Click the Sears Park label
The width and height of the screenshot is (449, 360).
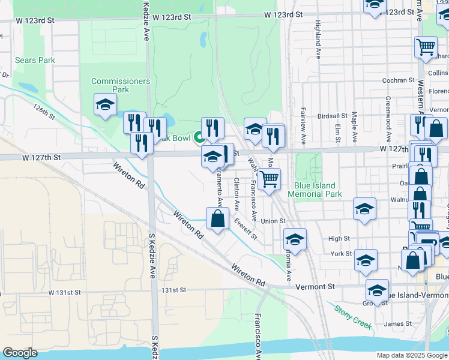(x=35, y=60)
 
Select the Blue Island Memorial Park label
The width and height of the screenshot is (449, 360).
(x=315, y=190)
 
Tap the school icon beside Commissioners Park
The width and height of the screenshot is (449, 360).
(x=105, y=106)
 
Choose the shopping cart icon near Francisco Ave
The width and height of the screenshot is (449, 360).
(x=270, y=179)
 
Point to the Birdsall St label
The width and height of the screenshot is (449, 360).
(x=333, y=116)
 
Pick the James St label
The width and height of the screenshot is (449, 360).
(x=398, y=324)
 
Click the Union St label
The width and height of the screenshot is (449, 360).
(x=273, y=221)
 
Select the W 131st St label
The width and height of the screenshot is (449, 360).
(x=65, y=293)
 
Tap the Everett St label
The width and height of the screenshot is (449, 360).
(x=246, y=229)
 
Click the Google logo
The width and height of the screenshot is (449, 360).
(x=20, y=353)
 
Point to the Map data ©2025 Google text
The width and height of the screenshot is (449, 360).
(x=411, y=355)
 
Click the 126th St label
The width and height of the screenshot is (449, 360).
(x=44, y=111)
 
